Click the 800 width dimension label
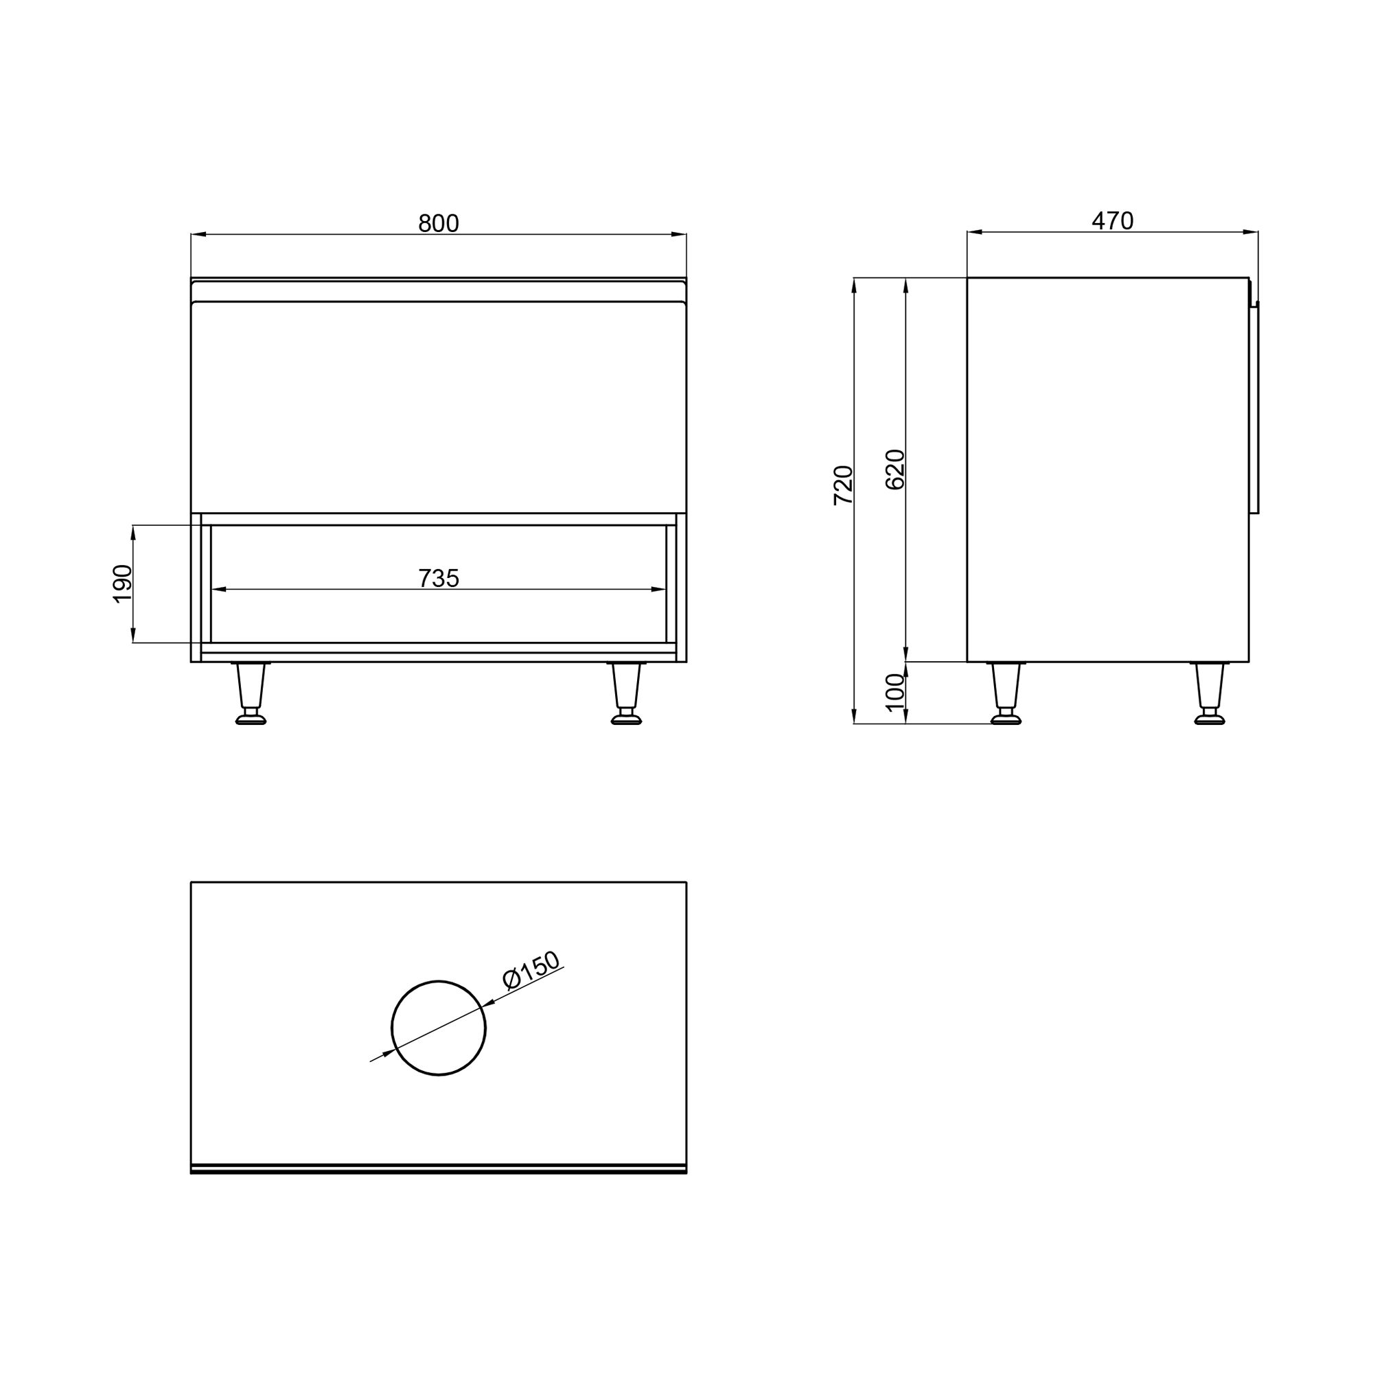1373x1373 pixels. pyautogui.click(x=439, y=223)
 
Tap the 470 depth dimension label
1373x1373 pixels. pyautogui.click(x=1112, y=221)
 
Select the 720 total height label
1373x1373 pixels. pyautogui.click(x=843, y=485)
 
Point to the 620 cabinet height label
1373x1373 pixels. pyautogui.click(x=895, y=469)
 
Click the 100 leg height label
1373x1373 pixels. pyautogui.click(x=895, y=692)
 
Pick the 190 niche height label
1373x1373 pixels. pyautogui.click(x=122, y=584)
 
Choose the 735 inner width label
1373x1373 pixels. pyautogui.click(x=439, y=579)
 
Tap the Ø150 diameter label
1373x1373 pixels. pyautogui.click(x=531, y=970)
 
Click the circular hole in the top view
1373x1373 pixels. pyautogui.click(x=439, y=1028)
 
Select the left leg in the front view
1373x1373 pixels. pyautogui.click(x=250, y=693)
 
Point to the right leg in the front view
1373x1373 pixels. pyautogui.click(x=626, y=693)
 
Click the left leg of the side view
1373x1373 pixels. pyautogui.click(x=1006, y=693)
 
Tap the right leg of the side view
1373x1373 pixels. pyautogui.click(x=1210, y=693)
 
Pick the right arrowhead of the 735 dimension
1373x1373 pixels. pyautogui.click(x=659, y=589)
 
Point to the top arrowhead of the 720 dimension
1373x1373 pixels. pyautogui.click(x=854, y=285)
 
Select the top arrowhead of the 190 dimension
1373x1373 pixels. pyautogui.click(x=133, y=531)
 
